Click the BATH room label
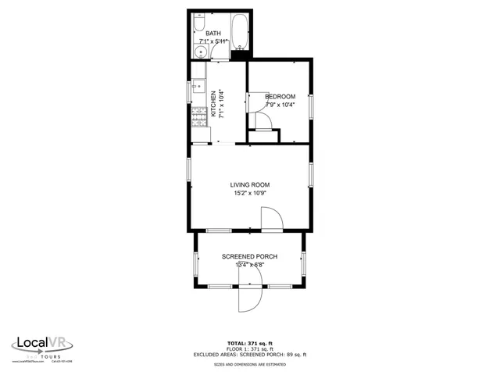pos(213,34)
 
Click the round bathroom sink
pos(201,53)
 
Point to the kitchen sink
pos(198,87)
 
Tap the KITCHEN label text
pos(214,104)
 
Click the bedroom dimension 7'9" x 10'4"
pos(280,105)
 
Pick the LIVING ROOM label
pos(250,185)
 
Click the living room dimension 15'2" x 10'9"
pos(250,194)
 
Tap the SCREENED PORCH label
pos(250,257)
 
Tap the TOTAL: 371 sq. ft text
pos(250,343)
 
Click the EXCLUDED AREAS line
pos(250,355)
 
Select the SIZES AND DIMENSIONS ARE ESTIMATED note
pos(250,364)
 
